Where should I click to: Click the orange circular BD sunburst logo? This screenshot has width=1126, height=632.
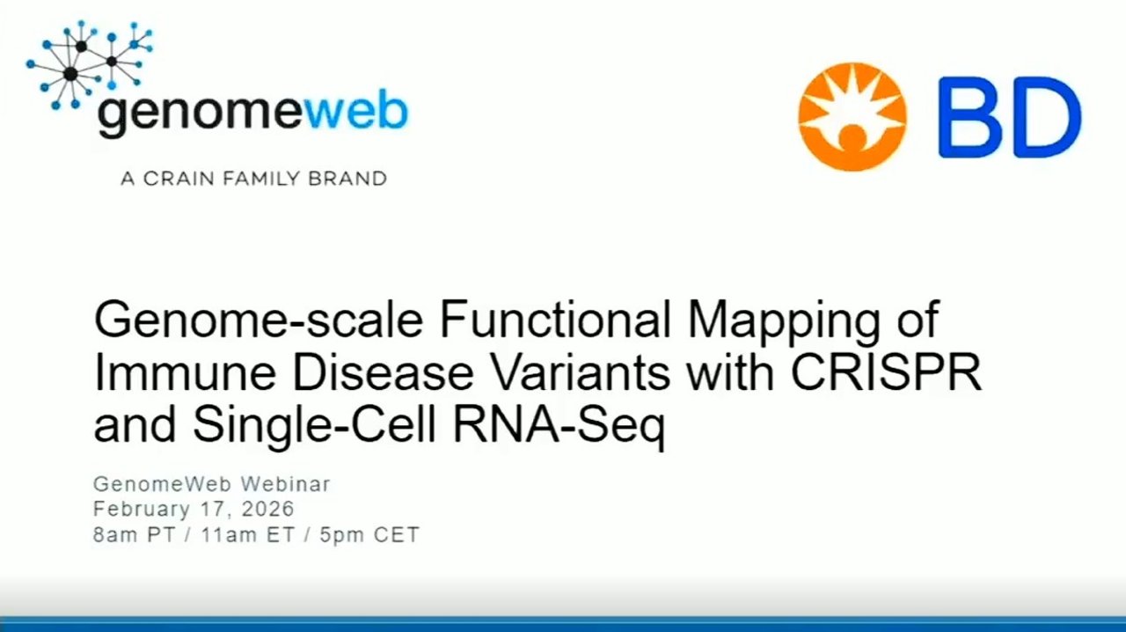[852, 117]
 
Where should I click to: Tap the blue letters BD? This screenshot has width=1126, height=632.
[1010, 117]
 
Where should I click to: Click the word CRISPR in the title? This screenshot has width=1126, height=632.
[886, 372]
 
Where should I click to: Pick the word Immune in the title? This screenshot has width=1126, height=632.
[185, 372]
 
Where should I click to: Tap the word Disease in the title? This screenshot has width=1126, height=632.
[383, 372]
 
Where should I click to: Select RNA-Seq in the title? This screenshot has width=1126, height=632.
[559, 427]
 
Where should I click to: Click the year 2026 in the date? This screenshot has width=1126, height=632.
[268, 509]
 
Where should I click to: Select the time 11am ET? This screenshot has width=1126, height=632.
[248, 534]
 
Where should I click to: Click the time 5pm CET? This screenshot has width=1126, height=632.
[369, 534]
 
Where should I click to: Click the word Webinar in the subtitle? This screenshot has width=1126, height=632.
[286, 484]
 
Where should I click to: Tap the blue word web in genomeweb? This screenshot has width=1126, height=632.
[356, 111]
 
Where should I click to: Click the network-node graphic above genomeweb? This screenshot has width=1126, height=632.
[90, 63]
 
